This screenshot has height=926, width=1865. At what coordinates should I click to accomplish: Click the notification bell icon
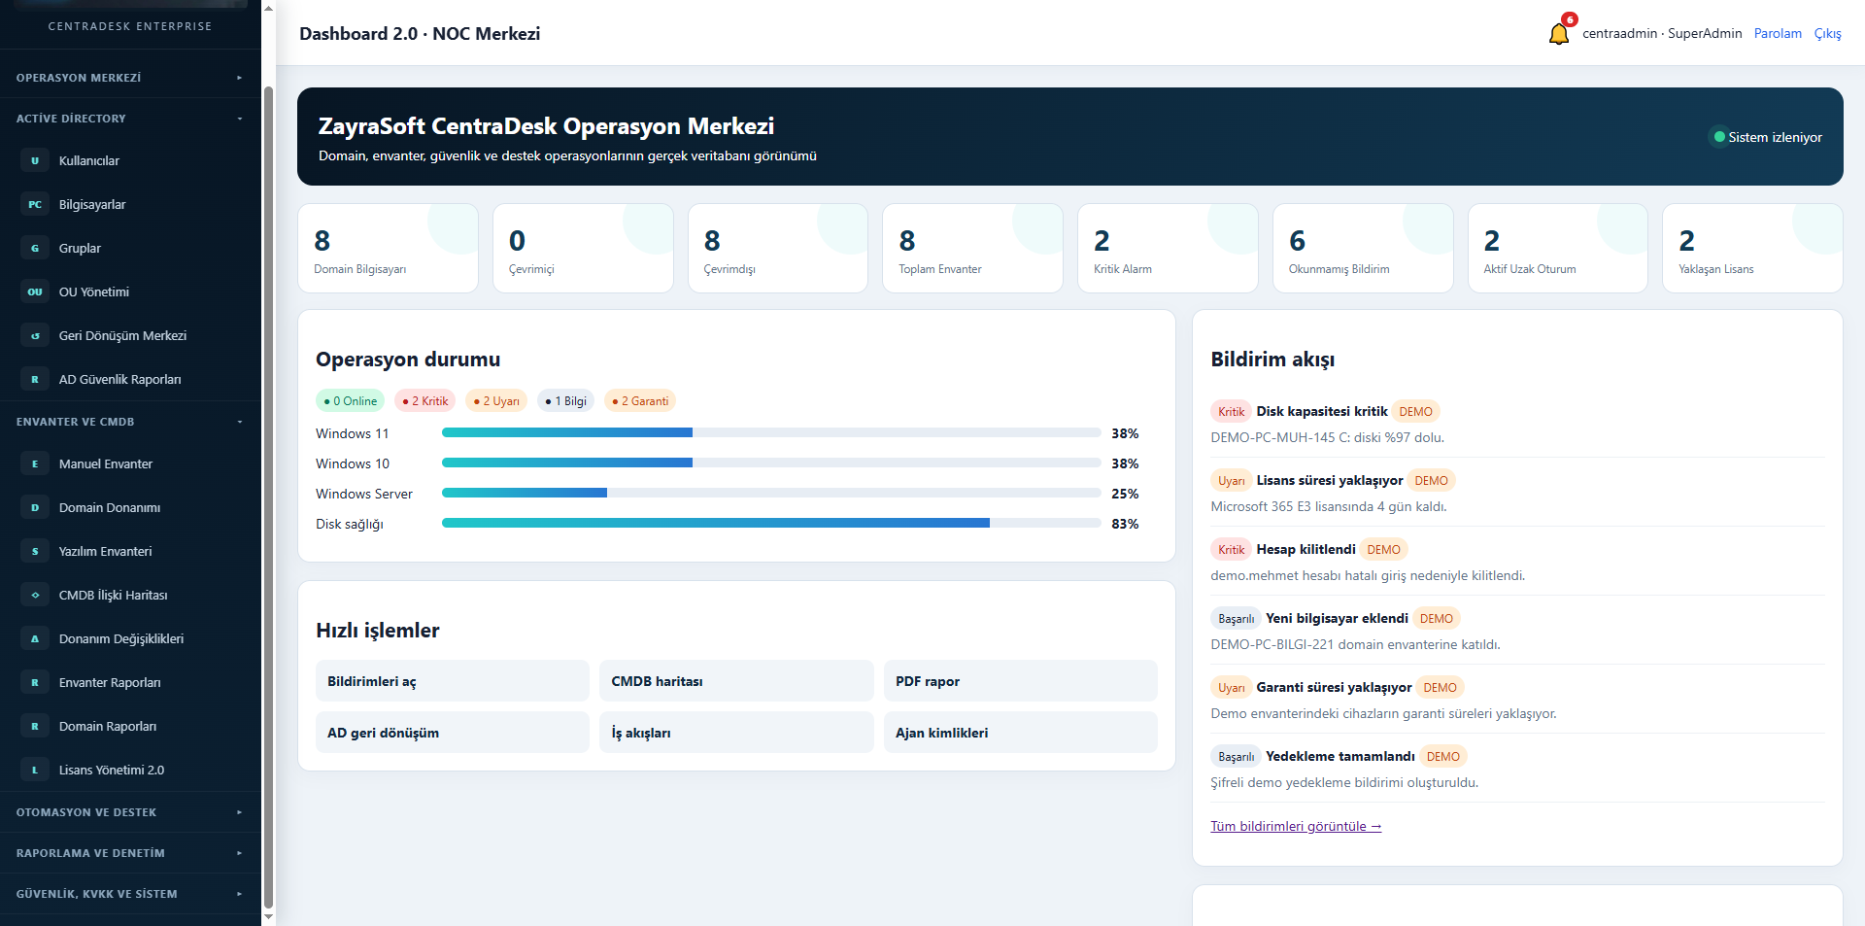click(1558, 34)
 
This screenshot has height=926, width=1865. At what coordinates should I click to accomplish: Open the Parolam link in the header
click(1778, 33)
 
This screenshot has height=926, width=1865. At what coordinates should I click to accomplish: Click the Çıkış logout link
click(1827, 33)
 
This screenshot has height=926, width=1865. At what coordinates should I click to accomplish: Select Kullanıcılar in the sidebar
click(89, 160)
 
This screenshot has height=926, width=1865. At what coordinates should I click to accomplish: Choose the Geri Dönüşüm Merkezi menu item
click(122, 335)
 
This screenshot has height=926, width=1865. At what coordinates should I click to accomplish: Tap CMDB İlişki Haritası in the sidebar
click(113, 595)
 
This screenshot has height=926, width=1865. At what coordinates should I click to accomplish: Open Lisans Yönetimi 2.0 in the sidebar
click(112, 770)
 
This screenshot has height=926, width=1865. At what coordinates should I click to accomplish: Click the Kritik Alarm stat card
click(1168, 248)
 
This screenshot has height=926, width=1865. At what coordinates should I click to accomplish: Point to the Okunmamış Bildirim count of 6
click(1297, 240)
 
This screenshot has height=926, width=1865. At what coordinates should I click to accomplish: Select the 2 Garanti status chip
click(640, 400)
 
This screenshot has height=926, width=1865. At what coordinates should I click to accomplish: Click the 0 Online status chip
click(351, 400)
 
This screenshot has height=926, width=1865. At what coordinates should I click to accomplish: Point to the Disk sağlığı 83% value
click(1125, 524)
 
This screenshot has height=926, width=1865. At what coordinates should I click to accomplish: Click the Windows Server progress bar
click(771, 493)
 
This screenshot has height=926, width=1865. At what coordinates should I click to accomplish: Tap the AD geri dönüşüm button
click(453, 733)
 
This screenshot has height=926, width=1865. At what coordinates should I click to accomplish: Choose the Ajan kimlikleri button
click(1020, 733)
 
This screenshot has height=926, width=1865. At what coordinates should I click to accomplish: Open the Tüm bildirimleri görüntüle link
click(1296, 826)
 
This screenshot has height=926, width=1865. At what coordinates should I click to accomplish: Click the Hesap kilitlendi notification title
click(1305, 549)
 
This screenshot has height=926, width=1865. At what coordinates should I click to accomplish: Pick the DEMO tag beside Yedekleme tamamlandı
click(1442, 756)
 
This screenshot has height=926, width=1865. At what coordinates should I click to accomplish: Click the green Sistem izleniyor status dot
click(1719, 137)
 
